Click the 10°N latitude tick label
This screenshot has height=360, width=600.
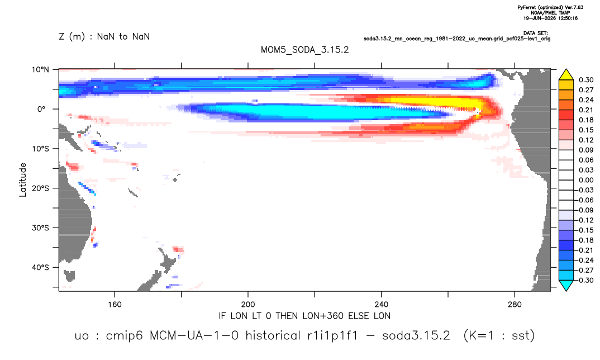click(x=41, y=69)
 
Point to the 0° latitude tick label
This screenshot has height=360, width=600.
click(x=42, y=109)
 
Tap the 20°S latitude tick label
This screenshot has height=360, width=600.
click(x=41, y=188)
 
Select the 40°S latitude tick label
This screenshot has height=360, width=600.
click(x=41, y=267)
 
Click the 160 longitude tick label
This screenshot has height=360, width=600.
click(x=115, y=305)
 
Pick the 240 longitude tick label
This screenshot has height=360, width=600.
click(x=382, y=305)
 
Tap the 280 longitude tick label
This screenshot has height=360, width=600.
click(x=515, y=305)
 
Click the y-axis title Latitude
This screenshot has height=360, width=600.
click(x=23, y=180)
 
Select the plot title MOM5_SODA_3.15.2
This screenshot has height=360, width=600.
click(x=304, y=50)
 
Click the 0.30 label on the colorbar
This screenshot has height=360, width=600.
click(x=586, y=80)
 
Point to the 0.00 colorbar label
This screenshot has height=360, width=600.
click(x=586, y=180)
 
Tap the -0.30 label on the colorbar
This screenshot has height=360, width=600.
click(x=584, y=280)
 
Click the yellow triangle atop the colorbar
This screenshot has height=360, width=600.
click(x=566, y=75)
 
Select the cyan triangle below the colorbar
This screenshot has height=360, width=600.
click(x=566, y=285)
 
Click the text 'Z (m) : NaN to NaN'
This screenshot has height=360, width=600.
click(x=104, y=37)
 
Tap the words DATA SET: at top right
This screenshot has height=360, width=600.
click(x=535, y=34)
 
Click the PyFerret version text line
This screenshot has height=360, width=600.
click(x=550, y=7)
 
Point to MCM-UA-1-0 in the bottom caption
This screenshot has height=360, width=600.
click(x=194, y=335)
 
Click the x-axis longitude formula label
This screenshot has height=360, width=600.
click(x=304, y=316)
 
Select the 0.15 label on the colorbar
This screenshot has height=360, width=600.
click(x=586, y=130)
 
